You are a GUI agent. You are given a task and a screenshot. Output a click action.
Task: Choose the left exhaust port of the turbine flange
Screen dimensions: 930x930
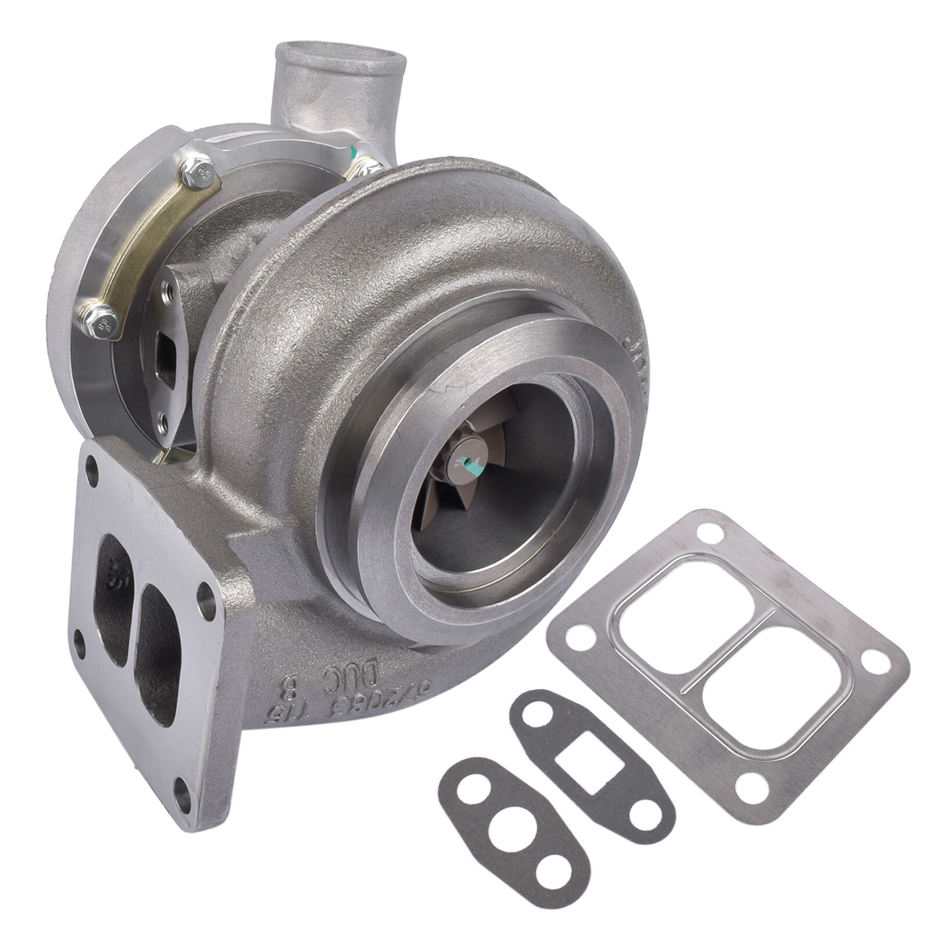point(113,599)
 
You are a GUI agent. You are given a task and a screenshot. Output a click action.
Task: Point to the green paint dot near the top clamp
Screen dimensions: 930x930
point(352,153)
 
